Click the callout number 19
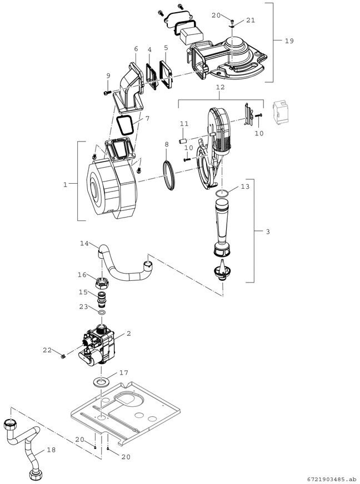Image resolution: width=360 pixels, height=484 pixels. pos(289,41)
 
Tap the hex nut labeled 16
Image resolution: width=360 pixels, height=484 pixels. pos(102,281)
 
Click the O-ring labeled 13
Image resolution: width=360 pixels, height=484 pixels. pos(222,193)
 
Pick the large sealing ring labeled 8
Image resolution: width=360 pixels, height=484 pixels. pos(169,175)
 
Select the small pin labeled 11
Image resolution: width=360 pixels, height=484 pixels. pos(183,141)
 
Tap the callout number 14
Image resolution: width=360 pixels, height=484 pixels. pos(84,243)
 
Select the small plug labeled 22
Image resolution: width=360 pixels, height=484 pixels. pos(62,357)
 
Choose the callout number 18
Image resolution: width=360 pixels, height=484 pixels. pos(51,450)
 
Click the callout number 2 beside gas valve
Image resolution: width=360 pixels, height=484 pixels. pos(128,334)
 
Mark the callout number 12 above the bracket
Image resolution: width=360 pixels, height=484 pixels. pos(220,87)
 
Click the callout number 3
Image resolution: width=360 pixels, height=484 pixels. pos(268,231)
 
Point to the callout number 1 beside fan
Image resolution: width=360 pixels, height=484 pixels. pos(65,185)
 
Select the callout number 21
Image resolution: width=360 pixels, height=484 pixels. pos(251,20)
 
